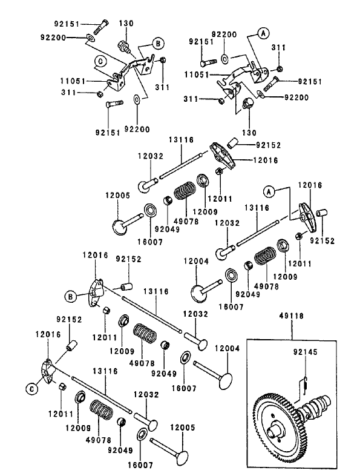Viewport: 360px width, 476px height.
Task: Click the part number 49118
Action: [x=292, y=316]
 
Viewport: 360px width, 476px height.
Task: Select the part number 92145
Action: [x=306, y=351]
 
